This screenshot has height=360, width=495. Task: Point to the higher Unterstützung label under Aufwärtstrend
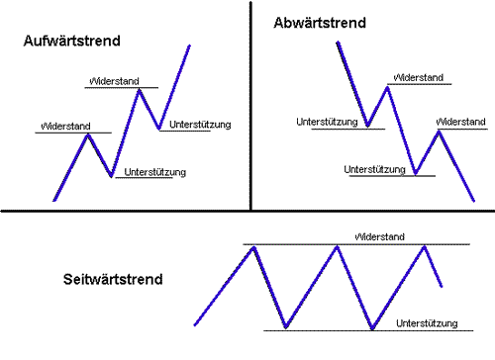[201, 125]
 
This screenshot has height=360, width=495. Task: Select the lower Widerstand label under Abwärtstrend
[461, 122]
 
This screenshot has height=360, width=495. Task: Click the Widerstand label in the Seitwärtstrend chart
[381, 237]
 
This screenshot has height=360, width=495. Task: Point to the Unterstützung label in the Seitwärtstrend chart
[426, 323]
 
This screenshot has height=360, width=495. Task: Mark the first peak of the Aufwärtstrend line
[88, 134]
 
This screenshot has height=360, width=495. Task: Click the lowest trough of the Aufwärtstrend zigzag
[112, 176]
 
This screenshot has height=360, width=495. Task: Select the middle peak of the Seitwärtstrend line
[339, 246]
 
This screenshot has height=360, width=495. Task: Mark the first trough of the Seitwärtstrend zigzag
[285, 326]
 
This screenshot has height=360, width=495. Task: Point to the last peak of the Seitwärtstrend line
[426, 246]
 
